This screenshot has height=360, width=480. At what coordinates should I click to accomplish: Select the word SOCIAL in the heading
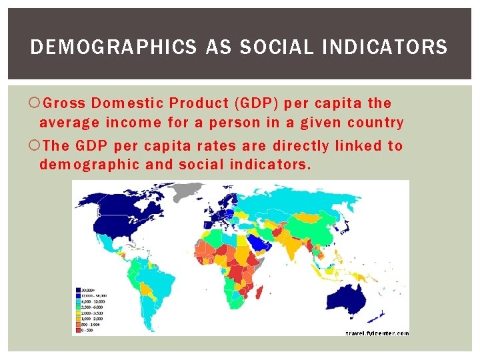(270, 47)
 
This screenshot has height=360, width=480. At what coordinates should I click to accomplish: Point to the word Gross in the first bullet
(65, 103)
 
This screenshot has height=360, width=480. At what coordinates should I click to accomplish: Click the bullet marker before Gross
(35, 103)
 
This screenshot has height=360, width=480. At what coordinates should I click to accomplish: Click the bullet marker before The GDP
(35, 145)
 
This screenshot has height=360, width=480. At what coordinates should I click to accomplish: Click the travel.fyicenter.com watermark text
(377, 333)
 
